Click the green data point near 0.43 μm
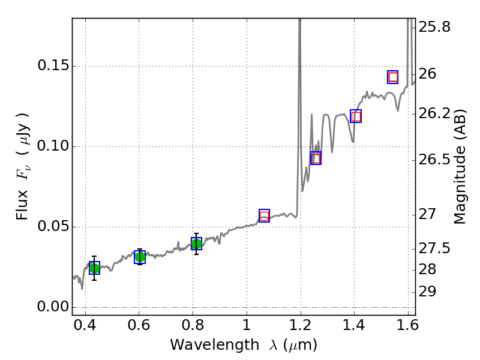pos(94,268)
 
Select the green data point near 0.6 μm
pos(140,257)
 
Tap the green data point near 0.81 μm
pos(196,244)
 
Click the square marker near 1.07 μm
pos(264,216)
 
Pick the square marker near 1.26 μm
pos(316,158)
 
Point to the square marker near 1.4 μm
pos(356,116)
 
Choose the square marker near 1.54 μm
pos(393,77)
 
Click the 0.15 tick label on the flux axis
pos(52,66)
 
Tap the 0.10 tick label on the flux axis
pos(52,146)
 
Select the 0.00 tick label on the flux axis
pos(52,307)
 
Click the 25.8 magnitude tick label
pos(435,27)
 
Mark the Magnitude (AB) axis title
pos(460,166)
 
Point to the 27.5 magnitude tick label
pos(435,248)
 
